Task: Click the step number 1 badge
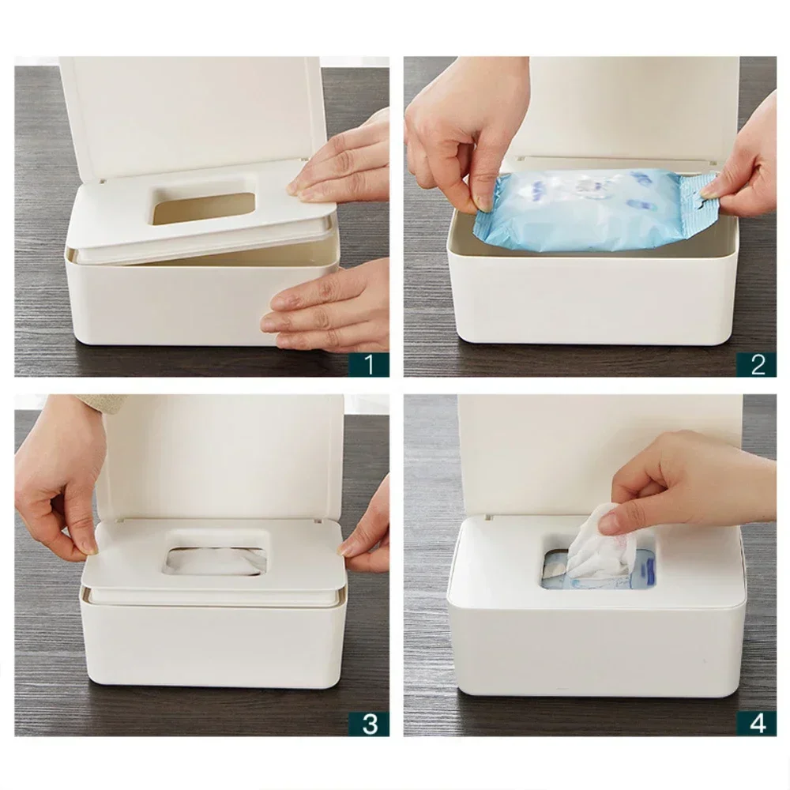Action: coord(369,364)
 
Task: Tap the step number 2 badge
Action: coord(757,364)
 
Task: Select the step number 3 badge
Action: coord(369,723)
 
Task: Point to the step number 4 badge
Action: coord(757,723)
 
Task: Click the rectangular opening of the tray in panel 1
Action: coord(204,202)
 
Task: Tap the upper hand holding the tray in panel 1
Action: coord(344,158)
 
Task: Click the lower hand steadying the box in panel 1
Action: coord(332,308)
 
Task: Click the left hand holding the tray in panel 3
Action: coord(55,490)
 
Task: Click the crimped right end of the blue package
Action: coord(699,201)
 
